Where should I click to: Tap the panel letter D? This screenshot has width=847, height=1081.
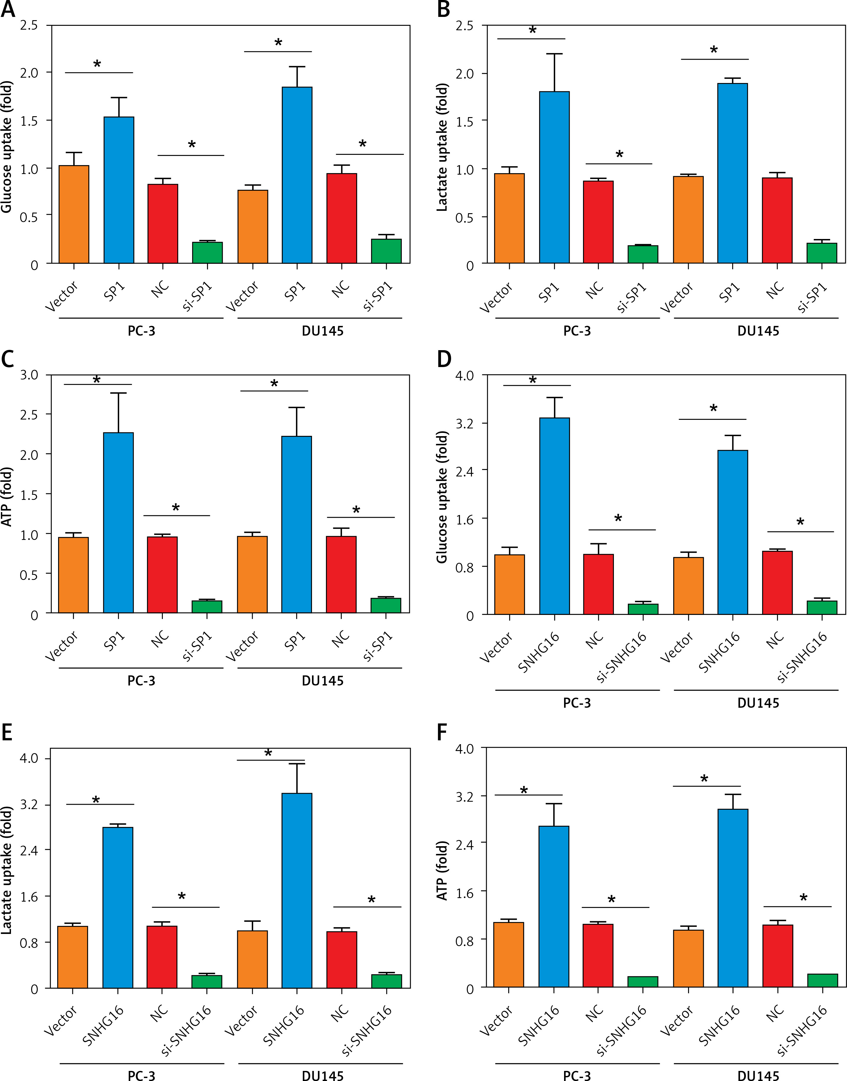pos(444,359)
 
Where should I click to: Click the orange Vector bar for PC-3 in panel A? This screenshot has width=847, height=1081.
pos(74,214)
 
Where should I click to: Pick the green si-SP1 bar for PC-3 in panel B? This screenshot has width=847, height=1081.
pos(643,254)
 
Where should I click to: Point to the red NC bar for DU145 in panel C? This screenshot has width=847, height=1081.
pos(341,575)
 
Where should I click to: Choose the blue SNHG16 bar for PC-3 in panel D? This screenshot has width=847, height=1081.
pos(554,516)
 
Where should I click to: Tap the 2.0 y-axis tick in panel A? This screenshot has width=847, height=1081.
pos(29,73)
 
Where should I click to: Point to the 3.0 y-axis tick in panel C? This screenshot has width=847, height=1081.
pos(29,375)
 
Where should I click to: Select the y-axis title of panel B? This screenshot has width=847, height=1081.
pos(442,147)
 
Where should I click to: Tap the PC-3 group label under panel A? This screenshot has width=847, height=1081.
pos(141,331)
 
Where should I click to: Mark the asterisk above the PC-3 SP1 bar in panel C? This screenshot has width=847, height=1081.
pos(97,380)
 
